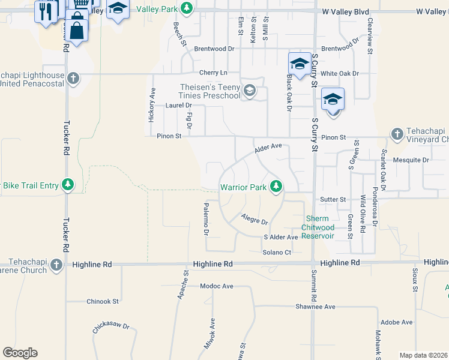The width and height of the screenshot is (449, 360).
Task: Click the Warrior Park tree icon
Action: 276,187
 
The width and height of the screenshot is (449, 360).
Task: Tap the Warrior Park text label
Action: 243,187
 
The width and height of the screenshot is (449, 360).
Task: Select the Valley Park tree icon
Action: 187,8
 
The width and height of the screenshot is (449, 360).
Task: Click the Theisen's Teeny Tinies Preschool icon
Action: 249,91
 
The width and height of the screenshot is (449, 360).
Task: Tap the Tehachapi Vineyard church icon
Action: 397,134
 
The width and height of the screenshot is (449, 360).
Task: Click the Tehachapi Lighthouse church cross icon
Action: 73,78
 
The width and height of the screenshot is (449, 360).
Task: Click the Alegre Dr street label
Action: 254,219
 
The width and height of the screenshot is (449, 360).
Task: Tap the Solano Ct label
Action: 276,253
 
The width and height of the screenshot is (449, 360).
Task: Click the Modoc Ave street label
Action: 217,286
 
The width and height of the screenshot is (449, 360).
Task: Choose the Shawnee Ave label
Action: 315,307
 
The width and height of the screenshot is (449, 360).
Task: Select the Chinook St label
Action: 103,301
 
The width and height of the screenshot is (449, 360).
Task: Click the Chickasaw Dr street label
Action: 111,329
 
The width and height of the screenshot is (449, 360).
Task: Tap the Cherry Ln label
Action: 214,72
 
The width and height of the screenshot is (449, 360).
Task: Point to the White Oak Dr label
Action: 339,73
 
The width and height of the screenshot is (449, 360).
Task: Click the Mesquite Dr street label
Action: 411,160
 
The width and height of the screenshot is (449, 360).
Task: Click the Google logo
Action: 20,353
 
